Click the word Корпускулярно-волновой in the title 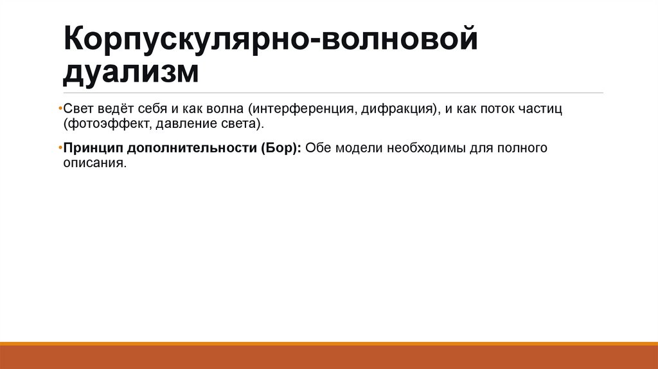271,41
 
